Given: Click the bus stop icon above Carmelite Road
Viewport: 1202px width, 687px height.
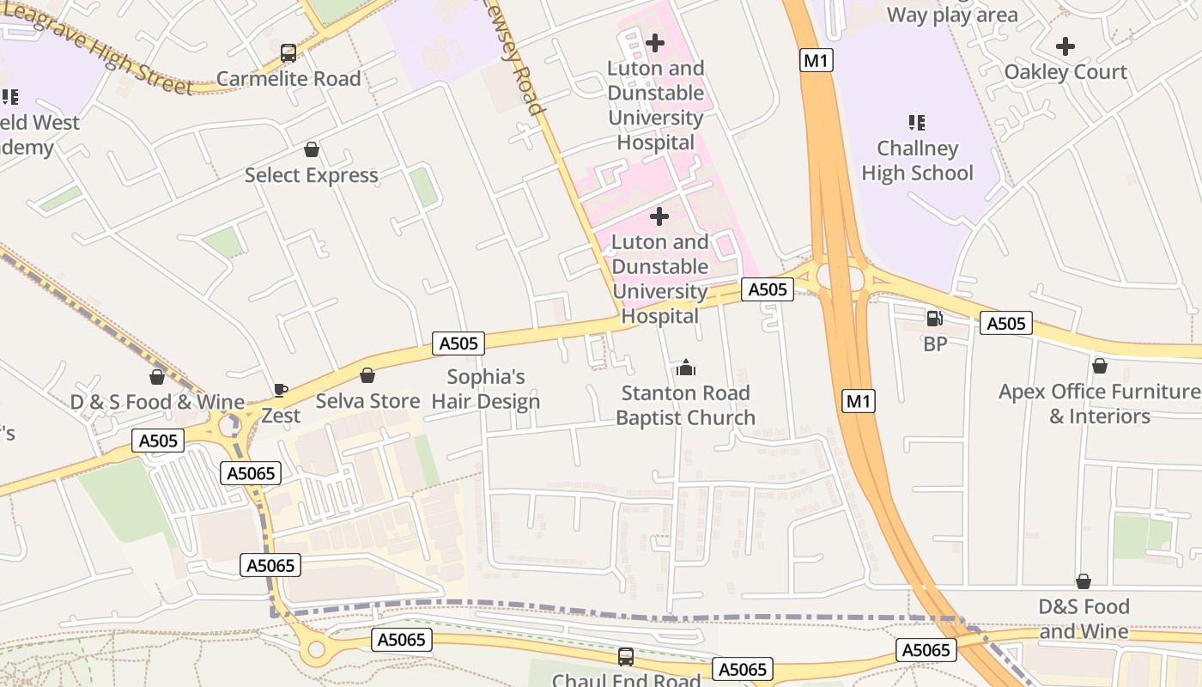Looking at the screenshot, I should click(x=288, y=53).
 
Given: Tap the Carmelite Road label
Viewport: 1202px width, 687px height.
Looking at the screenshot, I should click(x=288, y=79).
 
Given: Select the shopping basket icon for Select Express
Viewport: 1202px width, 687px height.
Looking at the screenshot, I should click(x=312, y=150).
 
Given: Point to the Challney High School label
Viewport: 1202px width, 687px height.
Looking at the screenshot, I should click(x=917, y=161).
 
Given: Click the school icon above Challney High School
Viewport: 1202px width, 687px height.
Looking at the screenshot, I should click(x=917, y=123).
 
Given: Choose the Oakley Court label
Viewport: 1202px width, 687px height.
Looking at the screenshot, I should click(x=1065, y=72).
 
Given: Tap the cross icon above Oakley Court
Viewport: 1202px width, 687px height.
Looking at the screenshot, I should click(x=1065, y=46).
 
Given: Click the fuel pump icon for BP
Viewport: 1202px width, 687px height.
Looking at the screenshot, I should click(x=935, y=319).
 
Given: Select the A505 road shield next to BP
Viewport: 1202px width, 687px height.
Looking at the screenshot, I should click(x=1006, y=324).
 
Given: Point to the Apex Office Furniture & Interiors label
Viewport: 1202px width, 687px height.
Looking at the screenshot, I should click(x=1099, y=404).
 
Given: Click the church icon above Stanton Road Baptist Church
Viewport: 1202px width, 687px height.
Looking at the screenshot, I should click(x=685, y=368).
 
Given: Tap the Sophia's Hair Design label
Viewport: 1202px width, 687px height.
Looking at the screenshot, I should click(x=486, y=389).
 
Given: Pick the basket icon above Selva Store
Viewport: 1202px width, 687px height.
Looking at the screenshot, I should click(x=367, y=375).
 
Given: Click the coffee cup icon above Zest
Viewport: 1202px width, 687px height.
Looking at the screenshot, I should click(x=281, y=391).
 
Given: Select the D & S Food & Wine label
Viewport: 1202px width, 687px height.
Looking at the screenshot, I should click(x=157, y=402).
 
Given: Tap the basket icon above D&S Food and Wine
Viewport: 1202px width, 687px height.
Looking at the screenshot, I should click(x=1084, y=581).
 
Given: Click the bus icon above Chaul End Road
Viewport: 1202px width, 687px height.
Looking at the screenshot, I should click(x=626, y=657).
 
